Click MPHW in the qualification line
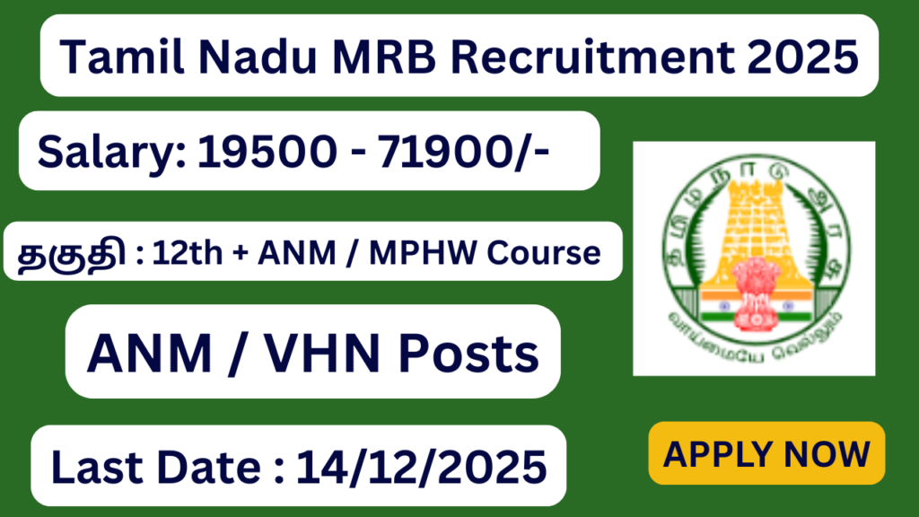pos(449,253)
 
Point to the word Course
pos(556,253)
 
